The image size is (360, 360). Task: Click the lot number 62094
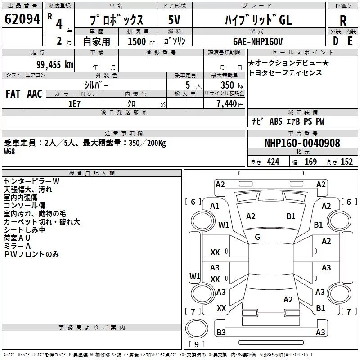tap(22, 19)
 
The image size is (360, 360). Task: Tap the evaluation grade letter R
tap(343, 20)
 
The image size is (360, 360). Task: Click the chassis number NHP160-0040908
tap(302, 143)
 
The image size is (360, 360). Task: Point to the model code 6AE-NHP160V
tap(258, 41)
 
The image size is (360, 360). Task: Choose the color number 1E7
tap(74, 103)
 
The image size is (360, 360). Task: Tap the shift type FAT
tap(13, 94)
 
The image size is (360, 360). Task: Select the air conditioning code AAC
tap(34, 94)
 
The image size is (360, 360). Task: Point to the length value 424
tap(273, 162)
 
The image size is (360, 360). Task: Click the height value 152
tap(346, 162)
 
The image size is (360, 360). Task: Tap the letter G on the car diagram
tap(257, 237)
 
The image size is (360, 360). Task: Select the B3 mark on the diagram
tap(221, 333)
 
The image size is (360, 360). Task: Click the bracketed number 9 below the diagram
tap(196, 345)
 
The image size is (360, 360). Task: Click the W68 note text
tap(9, 152)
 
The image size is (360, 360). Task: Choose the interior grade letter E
tap(350, 41)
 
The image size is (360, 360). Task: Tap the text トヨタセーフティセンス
tap(285, 72)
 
